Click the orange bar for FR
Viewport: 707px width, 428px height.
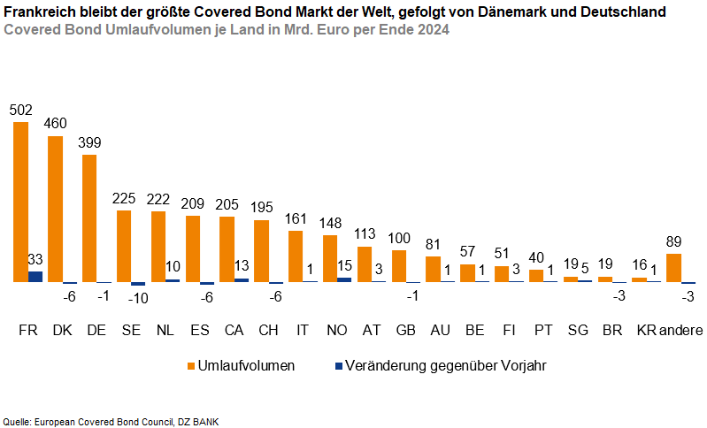pos(21,202)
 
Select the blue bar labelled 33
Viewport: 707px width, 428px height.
pos(35,277)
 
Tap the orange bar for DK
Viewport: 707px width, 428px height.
pos(56,209)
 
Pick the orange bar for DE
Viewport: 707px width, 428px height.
pos(89,218)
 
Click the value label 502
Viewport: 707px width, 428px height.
pos(21,111)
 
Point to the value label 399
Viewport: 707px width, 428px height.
pos(89,142)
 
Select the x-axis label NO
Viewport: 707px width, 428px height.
pos(337,331)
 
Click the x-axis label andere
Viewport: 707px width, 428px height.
pos(681,331)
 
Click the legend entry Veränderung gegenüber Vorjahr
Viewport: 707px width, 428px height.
pos(438,365)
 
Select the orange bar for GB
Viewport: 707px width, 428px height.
pos(399,266)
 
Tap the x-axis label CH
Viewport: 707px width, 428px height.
pos(268,331)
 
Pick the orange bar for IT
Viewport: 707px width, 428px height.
pos(296,256)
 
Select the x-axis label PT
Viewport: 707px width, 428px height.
pos(544,331)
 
